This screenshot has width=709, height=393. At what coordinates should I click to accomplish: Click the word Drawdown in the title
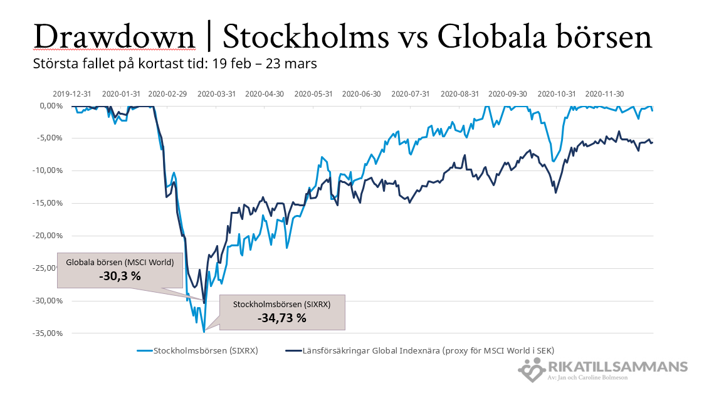point(114,37)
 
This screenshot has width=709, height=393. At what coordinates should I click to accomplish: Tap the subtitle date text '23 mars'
point(297,64)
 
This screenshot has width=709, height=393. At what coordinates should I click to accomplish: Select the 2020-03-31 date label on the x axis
point(216,94)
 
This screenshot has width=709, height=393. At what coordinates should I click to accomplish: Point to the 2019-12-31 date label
point(71,94)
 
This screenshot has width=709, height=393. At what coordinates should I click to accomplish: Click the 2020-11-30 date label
point(604,94)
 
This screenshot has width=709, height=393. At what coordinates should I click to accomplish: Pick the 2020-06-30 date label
point(362,94)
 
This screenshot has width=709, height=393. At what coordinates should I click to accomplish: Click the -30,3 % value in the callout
point(120,276)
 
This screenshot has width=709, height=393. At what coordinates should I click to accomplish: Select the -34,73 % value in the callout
point(281,318)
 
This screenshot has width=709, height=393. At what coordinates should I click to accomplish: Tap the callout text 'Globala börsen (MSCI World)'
point(120,262)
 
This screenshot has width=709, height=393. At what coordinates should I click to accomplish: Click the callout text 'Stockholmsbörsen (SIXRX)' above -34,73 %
point(281,304)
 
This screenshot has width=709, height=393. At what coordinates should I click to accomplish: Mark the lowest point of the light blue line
point(204,332)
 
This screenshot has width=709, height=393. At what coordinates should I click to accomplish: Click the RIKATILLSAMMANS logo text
point(617,367)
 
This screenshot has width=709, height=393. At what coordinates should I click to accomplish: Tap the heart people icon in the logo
point(532,369)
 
